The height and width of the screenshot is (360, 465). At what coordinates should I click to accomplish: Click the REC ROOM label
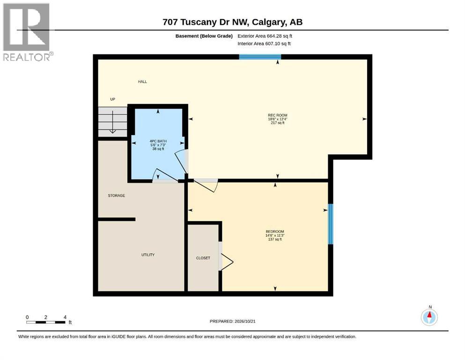278,115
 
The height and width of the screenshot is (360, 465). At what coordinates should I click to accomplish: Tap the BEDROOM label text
275,232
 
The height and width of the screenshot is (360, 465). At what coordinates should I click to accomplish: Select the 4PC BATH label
158,141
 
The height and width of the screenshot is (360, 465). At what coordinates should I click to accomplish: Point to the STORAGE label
116,195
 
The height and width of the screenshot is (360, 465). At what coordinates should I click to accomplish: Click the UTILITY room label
148,255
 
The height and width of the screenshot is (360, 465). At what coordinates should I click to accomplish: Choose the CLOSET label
203,258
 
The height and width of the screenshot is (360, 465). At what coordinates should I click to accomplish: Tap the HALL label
142,82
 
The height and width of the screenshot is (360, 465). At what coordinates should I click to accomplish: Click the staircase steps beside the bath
113,122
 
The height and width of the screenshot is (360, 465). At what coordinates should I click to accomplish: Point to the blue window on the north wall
260,57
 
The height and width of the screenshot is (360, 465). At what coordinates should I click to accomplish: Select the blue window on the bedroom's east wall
330,224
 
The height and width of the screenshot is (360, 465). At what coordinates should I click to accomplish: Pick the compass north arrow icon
429,317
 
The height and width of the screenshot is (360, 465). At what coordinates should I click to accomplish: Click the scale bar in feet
46,322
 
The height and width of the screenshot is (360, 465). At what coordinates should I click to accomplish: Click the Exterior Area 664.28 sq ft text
265,36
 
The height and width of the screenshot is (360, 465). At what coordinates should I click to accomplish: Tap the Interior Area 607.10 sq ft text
264,44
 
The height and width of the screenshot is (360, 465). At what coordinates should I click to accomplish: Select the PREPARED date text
232,321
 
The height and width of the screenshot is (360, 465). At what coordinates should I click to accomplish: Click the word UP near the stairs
113,99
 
